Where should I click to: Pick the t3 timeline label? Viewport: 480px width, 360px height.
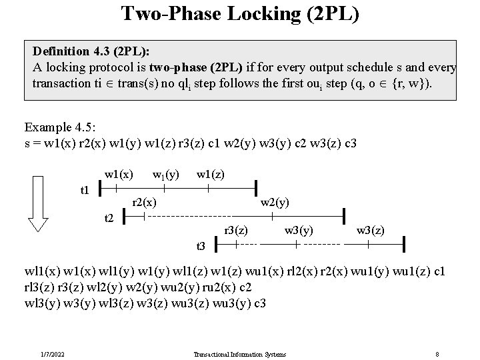pyautogui.click(x=201, y=246)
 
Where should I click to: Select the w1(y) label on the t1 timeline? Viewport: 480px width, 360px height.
pyautogui.click(x=166, y=175)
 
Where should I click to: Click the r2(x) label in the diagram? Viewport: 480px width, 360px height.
pyautogui.click(x=145, y=201)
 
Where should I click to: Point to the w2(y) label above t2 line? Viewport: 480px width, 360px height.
pyautogui.click(x=274, y=201)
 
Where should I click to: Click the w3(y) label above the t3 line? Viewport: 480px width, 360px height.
pyautogui.click(x=299, y=231)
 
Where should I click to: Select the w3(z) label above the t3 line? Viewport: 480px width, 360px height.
pyautogui.click(x=371, y=231)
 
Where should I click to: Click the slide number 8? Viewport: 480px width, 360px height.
pyautogui.click(x=436, y=354)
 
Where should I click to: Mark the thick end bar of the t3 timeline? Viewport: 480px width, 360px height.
pyautogui.click(x=403, y=245)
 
